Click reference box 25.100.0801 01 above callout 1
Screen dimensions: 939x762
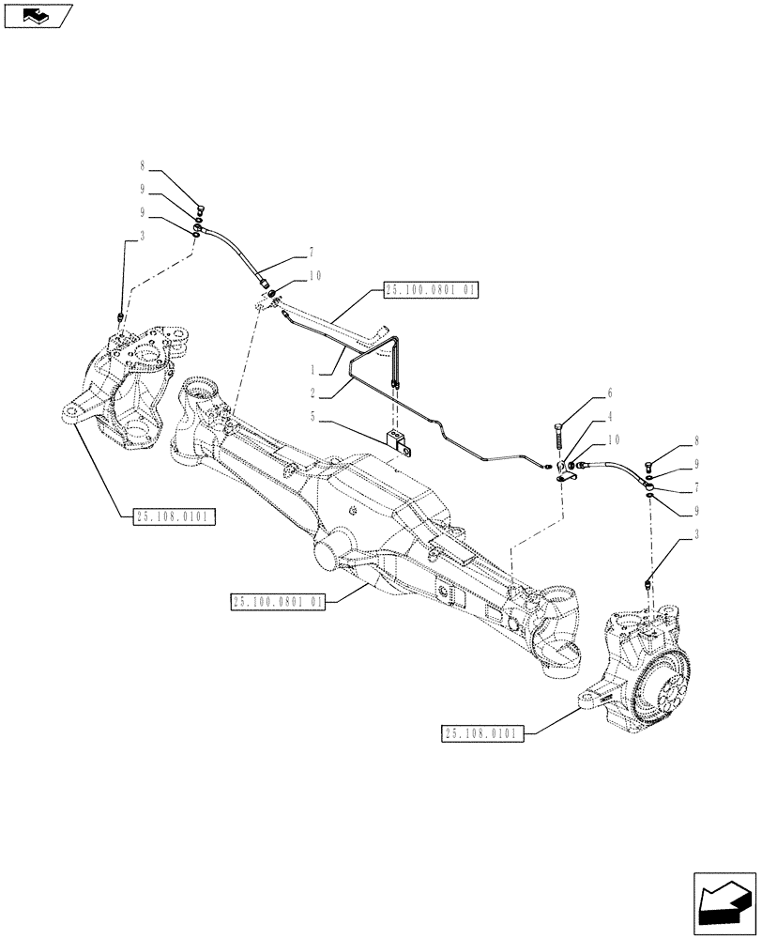(431, 292)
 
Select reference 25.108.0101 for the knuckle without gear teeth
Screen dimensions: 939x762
(175, 516)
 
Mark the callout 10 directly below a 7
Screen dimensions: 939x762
(287, 276)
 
